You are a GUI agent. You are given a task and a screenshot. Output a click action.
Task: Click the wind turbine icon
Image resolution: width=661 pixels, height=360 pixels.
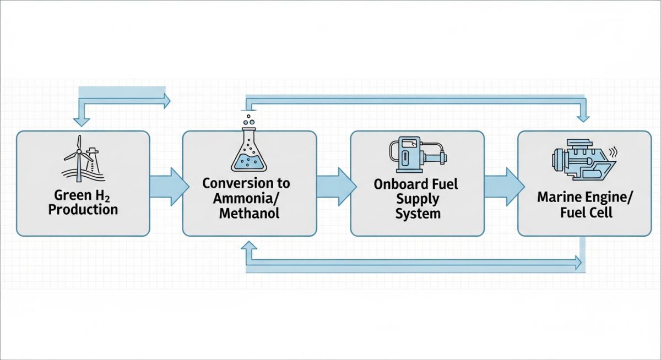coord(80,158)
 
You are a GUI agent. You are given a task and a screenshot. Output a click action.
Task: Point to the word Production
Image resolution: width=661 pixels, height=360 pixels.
coord(83,210)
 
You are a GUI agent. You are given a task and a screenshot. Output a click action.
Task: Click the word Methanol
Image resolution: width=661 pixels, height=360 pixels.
coord(249,213)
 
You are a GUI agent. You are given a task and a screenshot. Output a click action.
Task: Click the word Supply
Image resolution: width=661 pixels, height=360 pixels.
coord(418,198)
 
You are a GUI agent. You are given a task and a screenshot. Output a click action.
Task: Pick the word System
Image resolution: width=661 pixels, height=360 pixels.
coord(418,213)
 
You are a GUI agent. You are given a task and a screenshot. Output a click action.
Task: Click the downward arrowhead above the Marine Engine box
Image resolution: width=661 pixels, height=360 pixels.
coord(583,116)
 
